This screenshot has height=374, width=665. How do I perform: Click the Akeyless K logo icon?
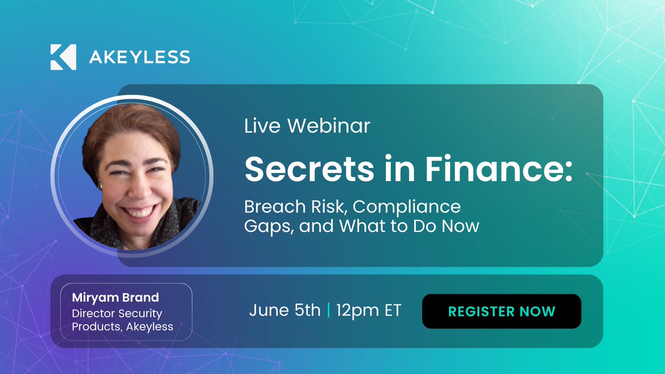tap(63, 57)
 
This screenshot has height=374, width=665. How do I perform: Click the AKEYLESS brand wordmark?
tap(140, 57)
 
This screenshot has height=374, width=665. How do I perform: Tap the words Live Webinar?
tap(307, 126)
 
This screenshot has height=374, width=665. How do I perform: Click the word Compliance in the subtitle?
tap(407, 207)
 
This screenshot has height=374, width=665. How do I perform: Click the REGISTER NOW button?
tap(502, 311)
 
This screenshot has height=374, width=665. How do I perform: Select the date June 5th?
tap(285, 311)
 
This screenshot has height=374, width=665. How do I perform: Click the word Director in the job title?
tap(92, 313)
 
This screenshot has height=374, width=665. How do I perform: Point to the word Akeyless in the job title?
tap(150, 326)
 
